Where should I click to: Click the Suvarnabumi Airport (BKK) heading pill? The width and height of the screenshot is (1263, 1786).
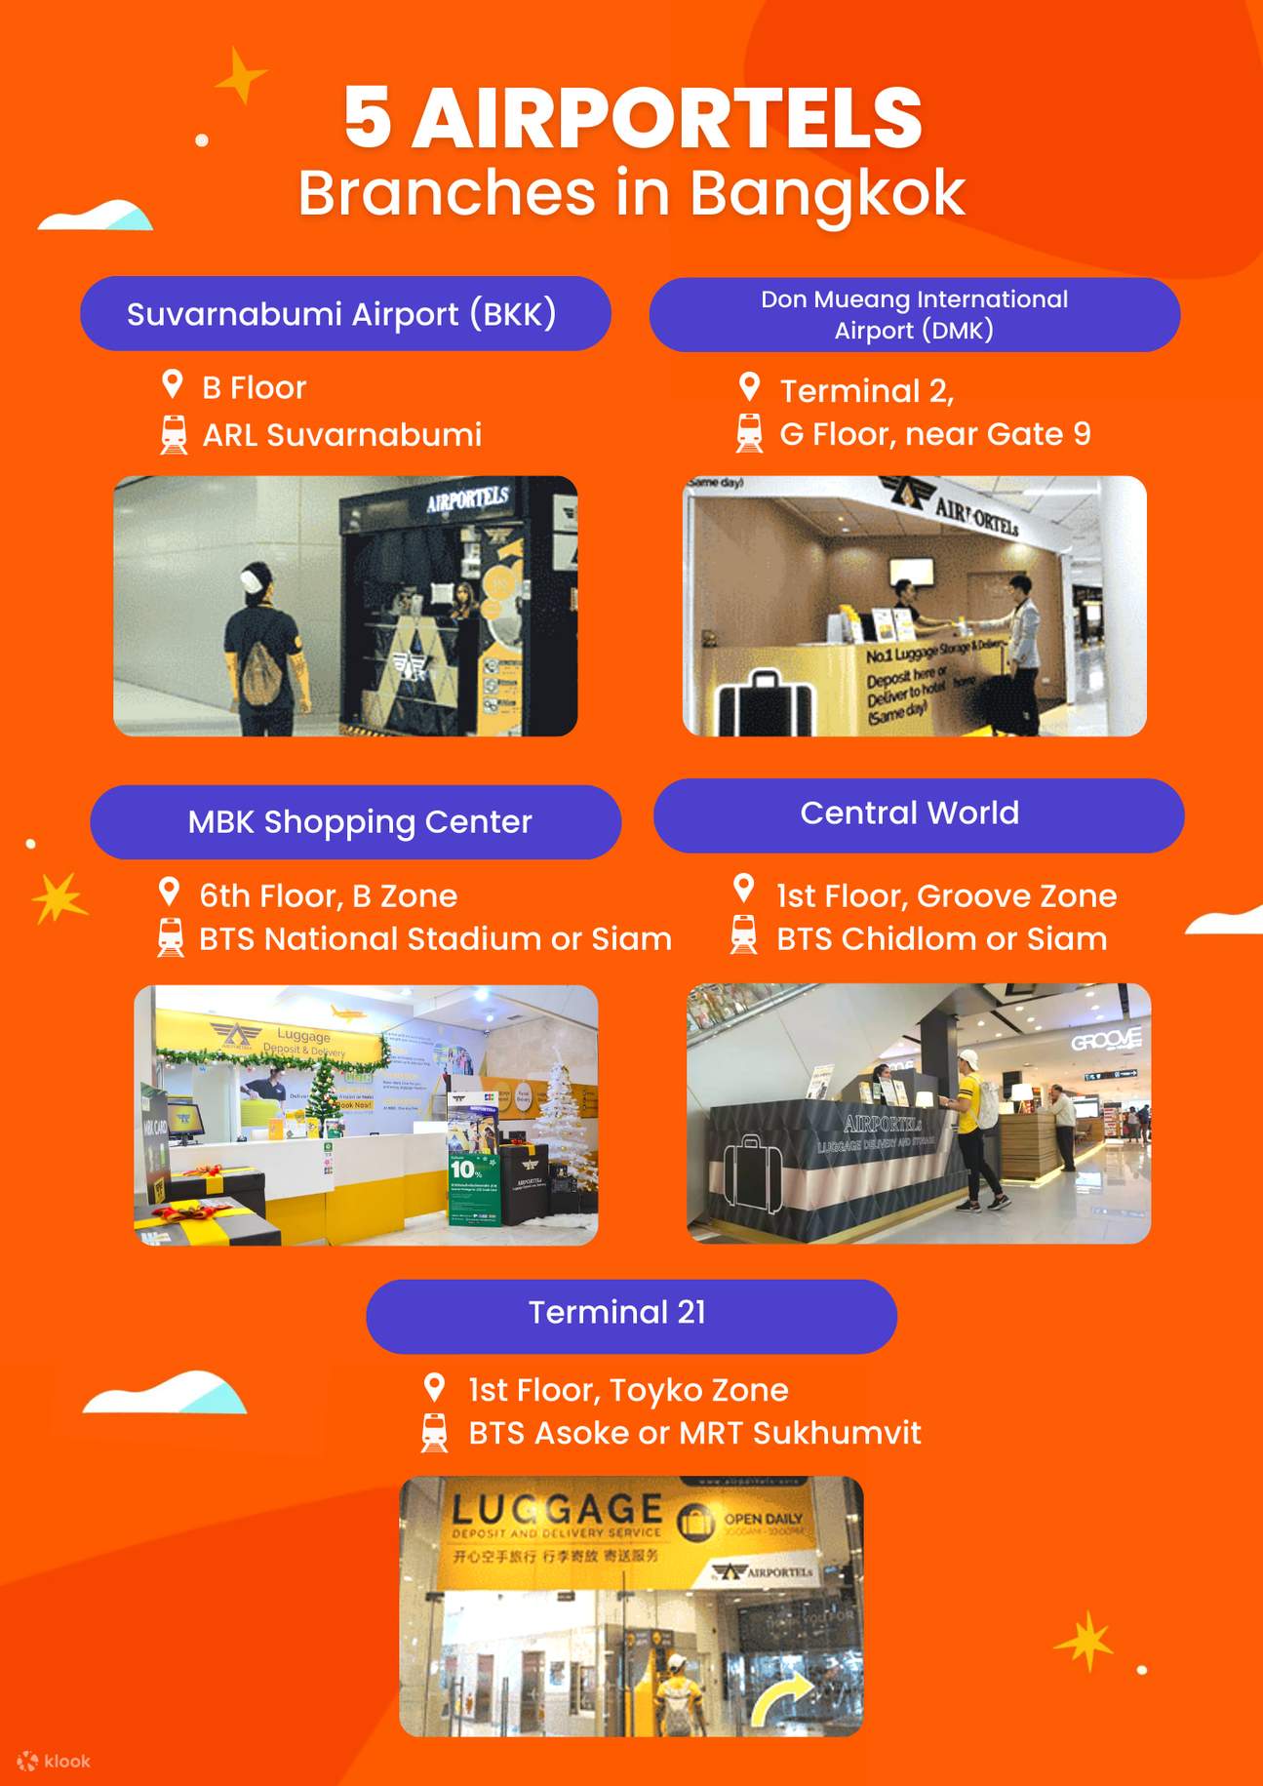point(345,314)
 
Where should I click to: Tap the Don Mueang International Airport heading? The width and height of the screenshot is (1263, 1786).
point(914,314)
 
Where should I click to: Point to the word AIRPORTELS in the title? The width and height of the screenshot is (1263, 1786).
point(667,119)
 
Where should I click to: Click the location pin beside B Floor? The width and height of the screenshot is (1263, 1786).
point(173,384)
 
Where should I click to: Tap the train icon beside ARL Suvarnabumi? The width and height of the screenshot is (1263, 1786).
point(174,435)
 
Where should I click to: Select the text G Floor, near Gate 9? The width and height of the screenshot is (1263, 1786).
point(934,434)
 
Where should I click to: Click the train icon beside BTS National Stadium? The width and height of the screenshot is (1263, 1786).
point(171,937)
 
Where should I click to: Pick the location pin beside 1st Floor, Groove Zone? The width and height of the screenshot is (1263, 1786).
point(744,889)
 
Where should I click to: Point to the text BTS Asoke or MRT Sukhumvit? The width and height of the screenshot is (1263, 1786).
point(694,1433)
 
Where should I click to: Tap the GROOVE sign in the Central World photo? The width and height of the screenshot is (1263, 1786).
point(1105,1041)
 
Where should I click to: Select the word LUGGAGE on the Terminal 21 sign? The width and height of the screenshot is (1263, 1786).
point(557,1510)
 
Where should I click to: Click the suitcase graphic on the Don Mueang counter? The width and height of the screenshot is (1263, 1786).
point(765,701)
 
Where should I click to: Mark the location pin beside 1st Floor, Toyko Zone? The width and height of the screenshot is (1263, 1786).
point(435,1386)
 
